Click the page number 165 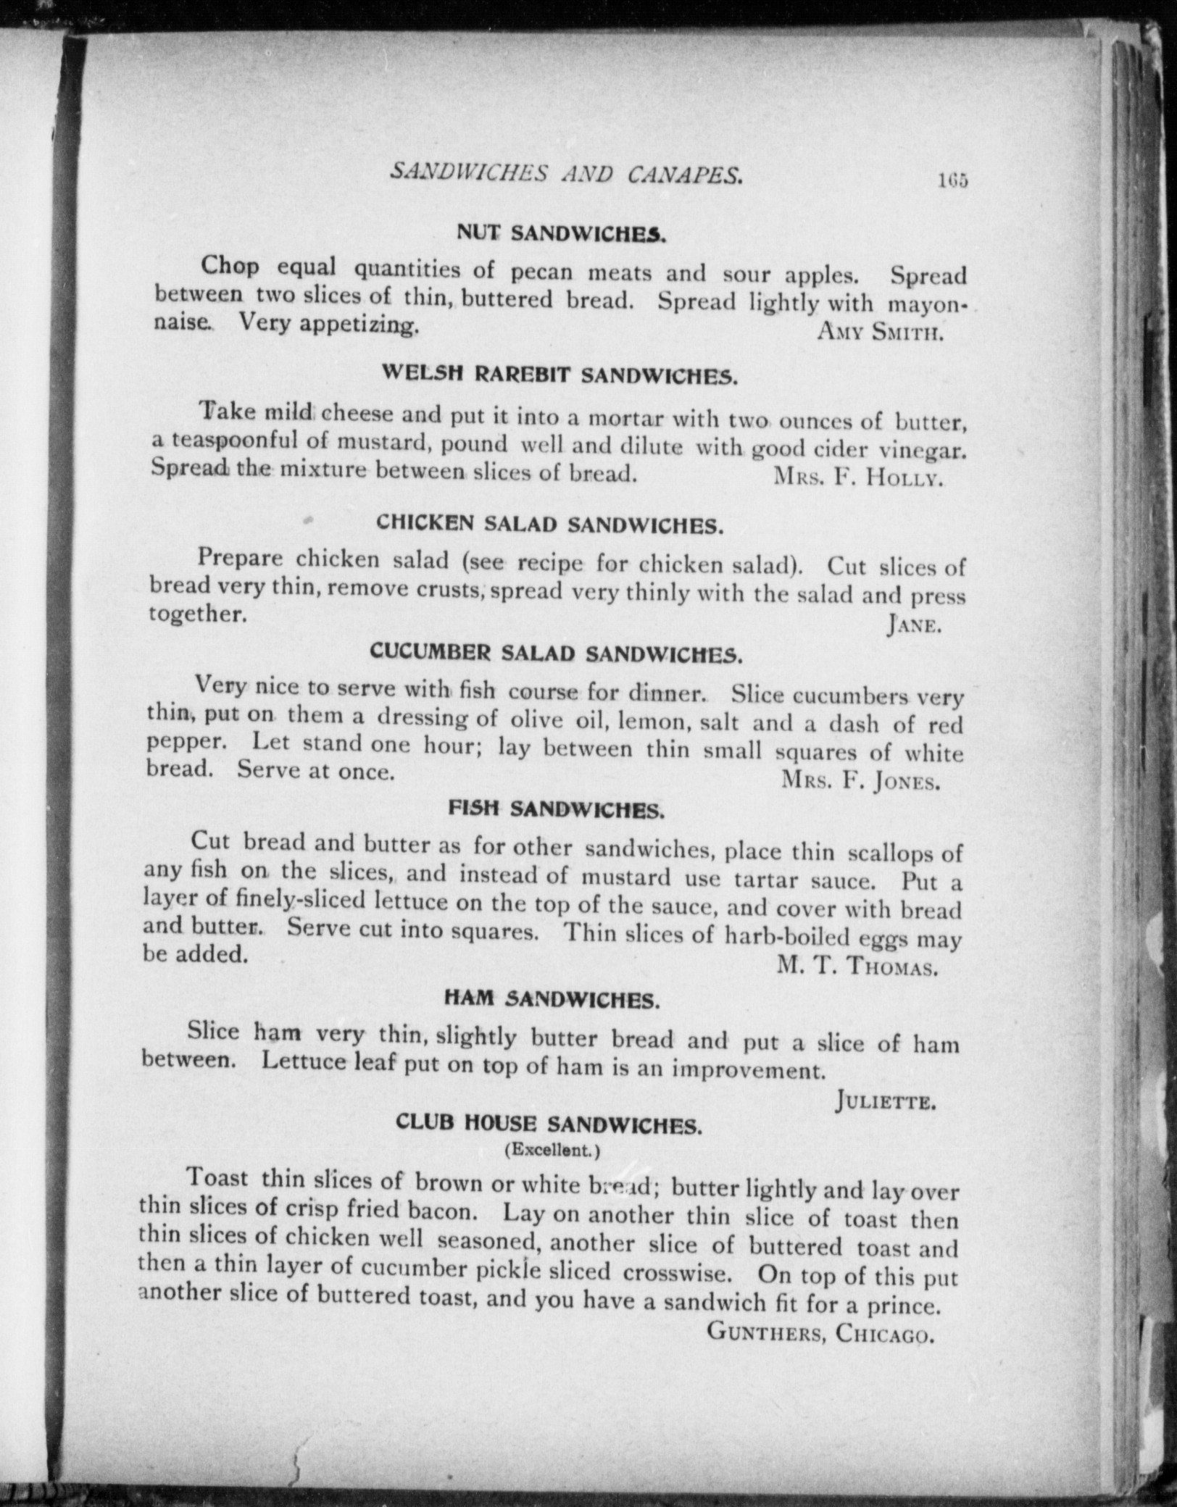tap(952, 180)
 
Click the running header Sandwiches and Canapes tap(566, 173)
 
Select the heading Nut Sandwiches tap(561, 233)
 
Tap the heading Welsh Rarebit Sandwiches tap(560, 375)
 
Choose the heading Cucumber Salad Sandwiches tap(556, 653)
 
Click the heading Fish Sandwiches tap(556, 809)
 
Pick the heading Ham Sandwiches tap(552, 1001)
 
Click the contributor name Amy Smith tap(879, 333)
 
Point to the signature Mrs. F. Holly tap(858, 477)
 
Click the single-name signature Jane tap(914, 625)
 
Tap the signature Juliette tap(886, 1103)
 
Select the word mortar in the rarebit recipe tap(623, 418)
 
